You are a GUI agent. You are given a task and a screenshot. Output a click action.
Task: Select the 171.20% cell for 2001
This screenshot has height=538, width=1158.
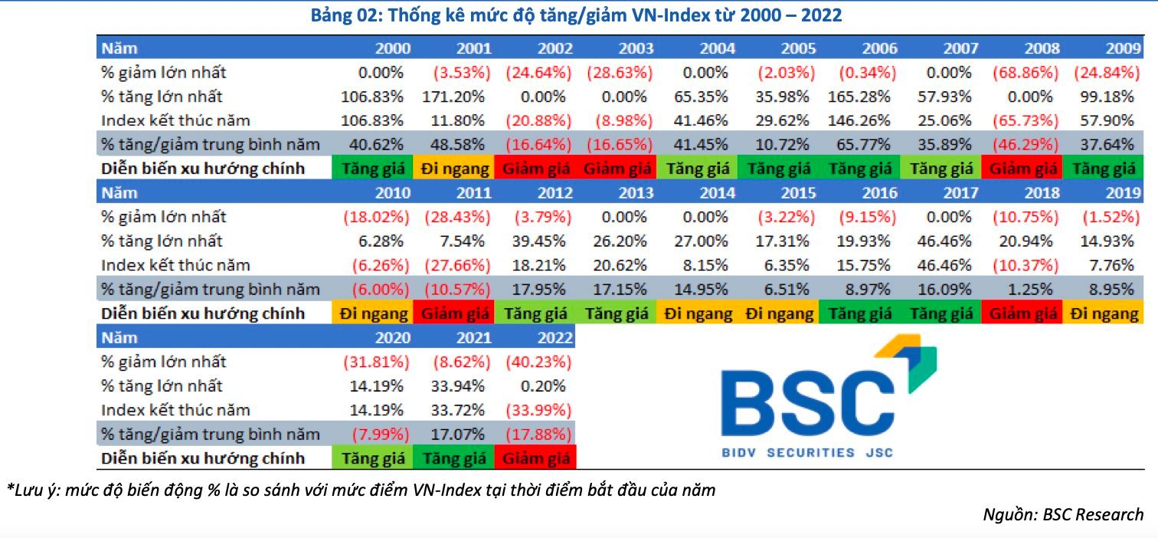coord(453,97)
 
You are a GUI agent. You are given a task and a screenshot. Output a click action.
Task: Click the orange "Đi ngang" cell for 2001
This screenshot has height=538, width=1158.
coord(453,169)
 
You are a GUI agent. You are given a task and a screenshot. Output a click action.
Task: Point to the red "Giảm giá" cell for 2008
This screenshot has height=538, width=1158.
coord(1022,169)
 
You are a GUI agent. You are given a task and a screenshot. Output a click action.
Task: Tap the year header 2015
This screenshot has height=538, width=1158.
coord(798,193)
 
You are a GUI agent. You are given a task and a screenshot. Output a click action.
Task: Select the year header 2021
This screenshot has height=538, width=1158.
coord(473,338)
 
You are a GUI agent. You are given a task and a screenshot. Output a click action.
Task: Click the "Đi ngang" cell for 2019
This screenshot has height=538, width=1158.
coord(1105,313)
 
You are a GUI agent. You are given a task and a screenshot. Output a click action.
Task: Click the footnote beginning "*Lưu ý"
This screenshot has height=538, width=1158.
coord(360,490)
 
